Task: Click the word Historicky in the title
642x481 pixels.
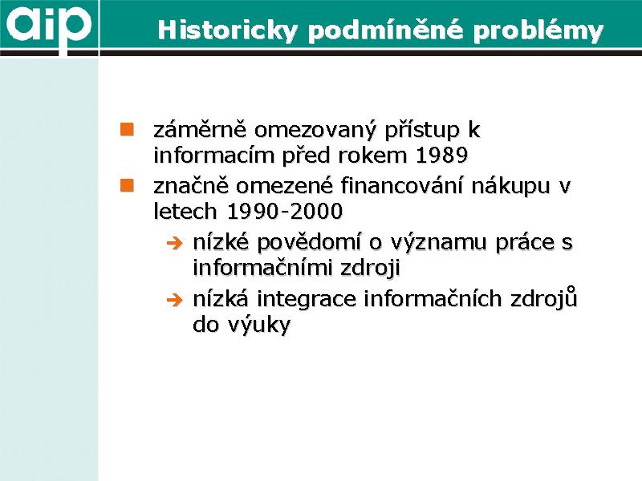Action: coord(228,30)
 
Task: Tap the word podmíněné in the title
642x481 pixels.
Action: coord(386,30)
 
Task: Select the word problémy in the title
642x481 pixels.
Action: coord(538,30)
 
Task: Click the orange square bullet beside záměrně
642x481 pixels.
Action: coord(127,129)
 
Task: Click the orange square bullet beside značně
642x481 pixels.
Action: coord(127,185)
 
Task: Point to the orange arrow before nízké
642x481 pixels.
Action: coord(174,244)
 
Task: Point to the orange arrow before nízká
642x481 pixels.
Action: coord(174,300)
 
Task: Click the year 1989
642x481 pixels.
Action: coord(442,156)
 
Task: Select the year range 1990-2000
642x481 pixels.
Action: coord(285,212)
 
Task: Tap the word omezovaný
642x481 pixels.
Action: coord(315,130)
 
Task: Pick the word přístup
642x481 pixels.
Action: coord(421,130)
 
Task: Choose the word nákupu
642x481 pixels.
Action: coord(510,187)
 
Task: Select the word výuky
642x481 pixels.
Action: coord(258,325)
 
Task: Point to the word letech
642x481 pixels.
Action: coord(185,212)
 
